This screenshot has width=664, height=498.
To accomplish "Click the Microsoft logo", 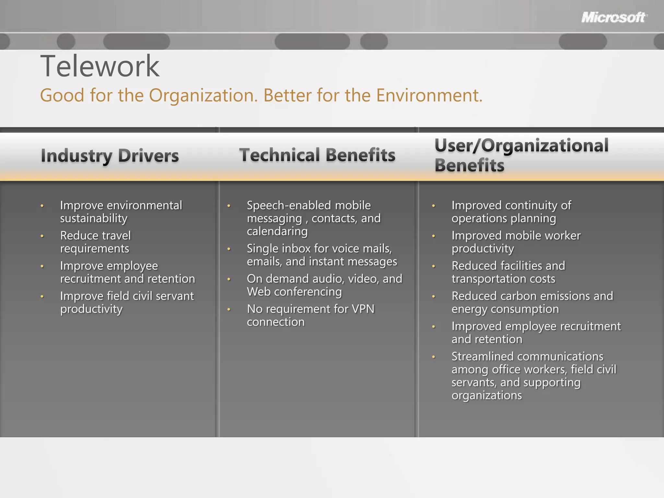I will [x=614, y=17].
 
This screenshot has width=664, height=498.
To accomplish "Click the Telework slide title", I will [x=100, y=66].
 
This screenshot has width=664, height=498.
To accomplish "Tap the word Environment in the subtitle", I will [x=429, y=95].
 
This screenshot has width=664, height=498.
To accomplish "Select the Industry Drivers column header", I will [x=110, y=156].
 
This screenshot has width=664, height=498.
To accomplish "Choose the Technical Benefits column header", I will [x=317, y=155].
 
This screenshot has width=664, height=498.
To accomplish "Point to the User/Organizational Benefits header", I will [x=521, y=155].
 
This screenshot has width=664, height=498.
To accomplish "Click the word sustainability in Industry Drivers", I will [x=94, y=219].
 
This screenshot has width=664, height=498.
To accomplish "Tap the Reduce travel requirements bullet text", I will [x=95, y=242].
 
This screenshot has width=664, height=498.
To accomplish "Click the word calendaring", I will [x=277, y=231].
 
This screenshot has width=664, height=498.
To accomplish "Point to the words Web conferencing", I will [x=294, y=292].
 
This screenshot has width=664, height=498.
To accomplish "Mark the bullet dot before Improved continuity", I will [x=433, y=206].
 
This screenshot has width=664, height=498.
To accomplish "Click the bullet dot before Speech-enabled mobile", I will [x=229, y=206].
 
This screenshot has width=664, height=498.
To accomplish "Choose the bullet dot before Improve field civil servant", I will [x=42, y=296].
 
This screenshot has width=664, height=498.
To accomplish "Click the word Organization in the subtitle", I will [x=203, y=95].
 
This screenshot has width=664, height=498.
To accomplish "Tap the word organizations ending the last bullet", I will [x=486, y=396].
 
